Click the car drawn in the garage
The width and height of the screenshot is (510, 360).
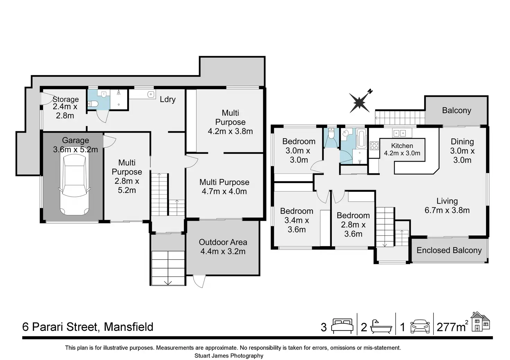74,184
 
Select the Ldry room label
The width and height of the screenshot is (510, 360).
168,99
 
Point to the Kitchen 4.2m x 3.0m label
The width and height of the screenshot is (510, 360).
402,149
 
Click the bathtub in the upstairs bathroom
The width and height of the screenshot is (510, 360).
361,139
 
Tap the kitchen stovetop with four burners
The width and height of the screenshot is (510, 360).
374,146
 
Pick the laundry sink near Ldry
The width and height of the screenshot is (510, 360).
150,94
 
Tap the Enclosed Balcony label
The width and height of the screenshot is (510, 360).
449,250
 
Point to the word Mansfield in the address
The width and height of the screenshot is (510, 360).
129,327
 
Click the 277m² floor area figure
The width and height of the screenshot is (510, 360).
452,326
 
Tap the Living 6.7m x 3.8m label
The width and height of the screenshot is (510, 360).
447,206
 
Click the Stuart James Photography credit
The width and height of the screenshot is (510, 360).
229,356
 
